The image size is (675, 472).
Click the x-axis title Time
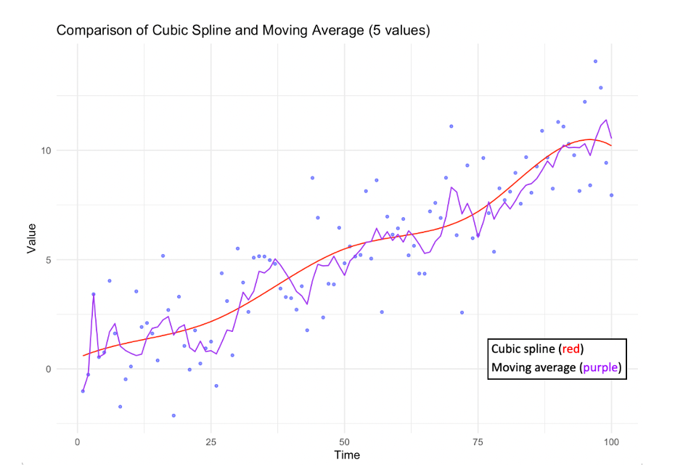click(x=346, y=455)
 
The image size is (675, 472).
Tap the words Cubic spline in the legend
click(x=526, y=348)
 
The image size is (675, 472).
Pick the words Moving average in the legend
click(x=533, y=368)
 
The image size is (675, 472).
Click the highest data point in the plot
click(x=595, y=62)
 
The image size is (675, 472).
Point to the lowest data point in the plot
click(x=173, y=415)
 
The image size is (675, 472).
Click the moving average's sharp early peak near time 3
click(x=93, y=294)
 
